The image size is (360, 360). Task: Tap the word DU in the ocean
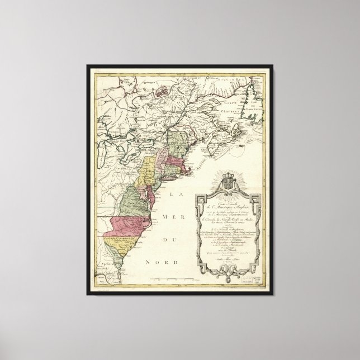[178, 241]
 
